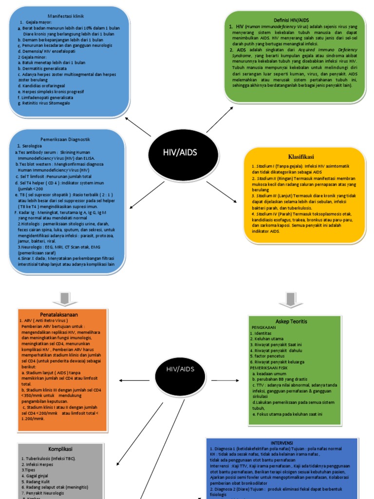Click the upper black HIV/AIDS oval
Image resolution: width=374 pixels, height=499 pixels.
(x=180, y=153)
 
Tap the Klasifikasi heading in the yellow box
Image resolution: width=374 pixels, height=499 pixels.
(x=300, y=157)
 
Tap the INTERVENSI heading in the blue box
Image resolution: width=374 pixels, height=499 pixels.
(x=282, y=442)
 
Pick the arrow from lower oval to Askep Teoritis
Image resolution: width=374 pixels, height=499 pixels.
(x=222, y=380)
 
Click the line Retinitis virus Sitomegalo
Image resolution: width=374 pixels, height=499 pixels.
(x=44, y=103)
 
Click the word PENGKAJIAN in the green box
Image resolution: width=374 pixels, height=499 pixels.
(x=263, y=328)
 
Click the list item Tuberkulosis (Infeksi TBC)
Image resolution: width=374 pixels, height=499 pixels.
(x=49, y=459)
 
